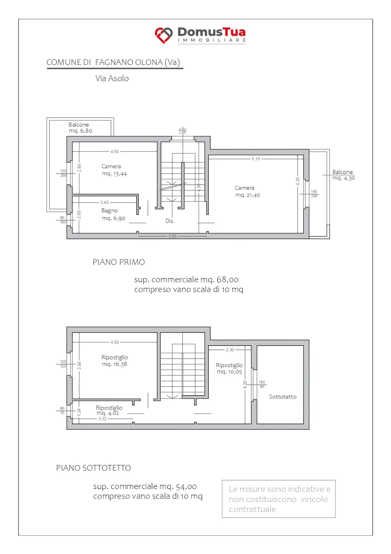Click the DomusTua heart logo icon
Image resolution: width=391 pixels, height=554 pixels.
coord(164,35)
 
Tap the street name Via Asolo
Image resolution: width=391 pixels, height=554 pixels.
coord(112,78)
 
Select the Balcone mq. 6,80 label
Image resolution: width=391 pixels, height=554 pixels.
coord(80,128)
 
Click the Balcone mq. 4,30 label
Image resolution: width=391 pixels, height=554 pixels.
coord(343,175)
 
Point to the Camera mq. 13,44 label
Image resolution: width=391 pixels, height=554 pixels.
coord(114,170)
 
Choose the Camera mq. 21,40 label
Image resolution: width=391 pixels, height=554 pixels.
coord(247,191)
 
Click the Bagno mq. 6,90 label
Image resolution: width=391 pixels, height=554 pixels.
coord(113,214)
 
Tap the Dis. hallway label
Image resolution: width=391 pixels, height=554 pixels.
coord(170,221)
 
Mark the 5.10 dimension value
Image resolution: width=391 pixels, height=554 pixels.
coord(256,159)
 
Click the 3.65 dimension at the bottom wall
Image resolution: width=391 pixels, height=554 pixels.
coord(172,236)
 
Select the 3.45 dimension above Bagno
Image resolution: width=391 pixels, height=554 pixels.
coord(104,202)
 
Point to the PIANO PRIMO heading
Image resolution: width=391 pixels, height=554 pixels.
coord(119,262)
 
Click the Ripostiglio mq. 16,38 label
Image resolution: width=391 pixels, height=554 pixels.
coord(115,360)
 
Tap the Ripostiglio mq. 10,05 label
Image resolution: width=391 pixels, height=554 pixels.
coord(229,369)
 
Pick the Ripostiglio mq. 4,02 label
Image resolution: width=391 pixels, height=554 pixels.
coord(109,410)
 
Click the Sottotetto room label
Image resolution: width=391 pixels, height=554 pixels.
coord(283,397)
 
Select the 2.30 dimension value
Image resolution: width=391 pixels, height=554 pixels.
coord(230,350)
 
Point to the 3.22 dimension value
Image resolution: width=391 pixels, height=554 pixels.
coord(102,419)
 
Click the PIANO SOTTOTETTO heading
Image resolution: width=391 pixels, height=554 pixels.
coord(93,468)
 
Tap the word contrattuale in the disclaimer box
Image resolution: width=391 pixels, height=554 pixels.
coord(252,509)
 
